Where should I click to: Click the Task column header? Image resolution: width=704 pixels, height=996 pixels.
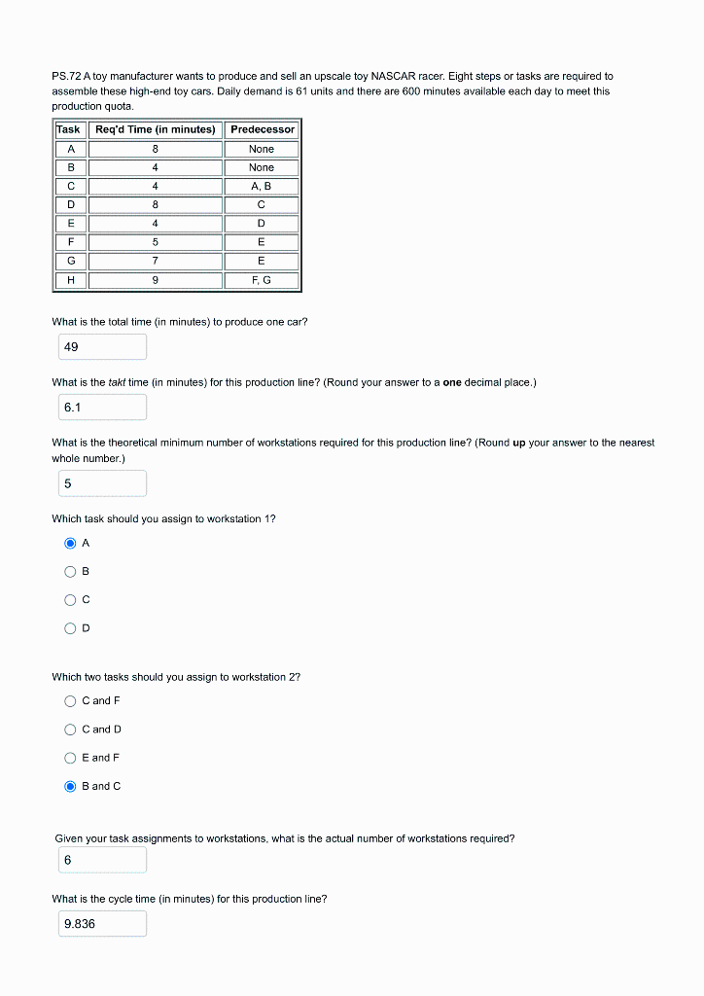[69, 129]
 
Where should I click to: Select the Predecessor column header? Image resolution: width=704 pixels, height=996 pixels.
[262, 129]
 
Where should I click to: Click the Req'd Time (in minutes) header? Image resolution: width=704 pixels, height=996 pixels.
[156, 129]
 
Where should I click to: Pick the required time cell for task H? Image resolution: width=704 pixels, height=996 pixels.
[156, 280]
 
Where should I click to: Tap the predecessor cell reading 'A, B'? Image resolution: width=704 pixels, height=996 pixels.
[262, 186]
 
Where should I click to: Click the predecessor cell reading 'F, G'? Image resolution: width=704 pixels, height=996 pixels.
[262, 280]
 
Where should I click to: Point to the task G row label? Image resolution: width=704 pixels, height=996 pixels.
[70, 261]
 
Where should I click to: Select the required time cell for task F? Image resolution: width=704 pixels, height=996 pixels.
[156, 242]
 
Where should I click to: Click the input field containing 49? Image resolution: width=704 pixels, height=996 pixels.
[99, 347]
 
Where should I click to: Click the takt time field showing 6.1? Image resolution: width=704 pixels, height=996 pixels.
[99, 408]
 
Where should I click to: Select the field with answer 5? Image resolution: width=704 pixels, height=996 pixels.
[99, 483]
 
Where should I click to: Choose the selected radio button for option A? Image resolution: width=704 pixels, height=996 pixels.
[70, 544]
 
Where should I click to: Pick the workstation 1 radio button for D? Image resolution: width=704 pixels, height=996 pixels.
[70, 628]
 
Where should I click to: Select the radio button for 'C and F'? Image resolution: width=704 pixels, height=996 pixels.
[70, 701]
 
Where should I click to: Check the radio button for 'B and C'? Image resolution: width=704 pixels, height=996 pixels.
[70, 787]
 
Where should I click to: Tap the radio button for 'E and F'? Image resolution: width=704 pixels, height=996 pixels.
[70, 758]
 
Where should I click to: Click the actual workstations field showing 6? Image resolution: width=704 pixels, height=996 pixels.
[99, 860]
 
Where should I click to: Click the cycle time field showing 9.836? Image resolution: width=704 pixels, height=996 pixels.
[99, 924]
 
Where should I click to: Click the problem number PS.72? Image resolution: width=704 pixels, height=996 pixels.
[66, 76]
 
